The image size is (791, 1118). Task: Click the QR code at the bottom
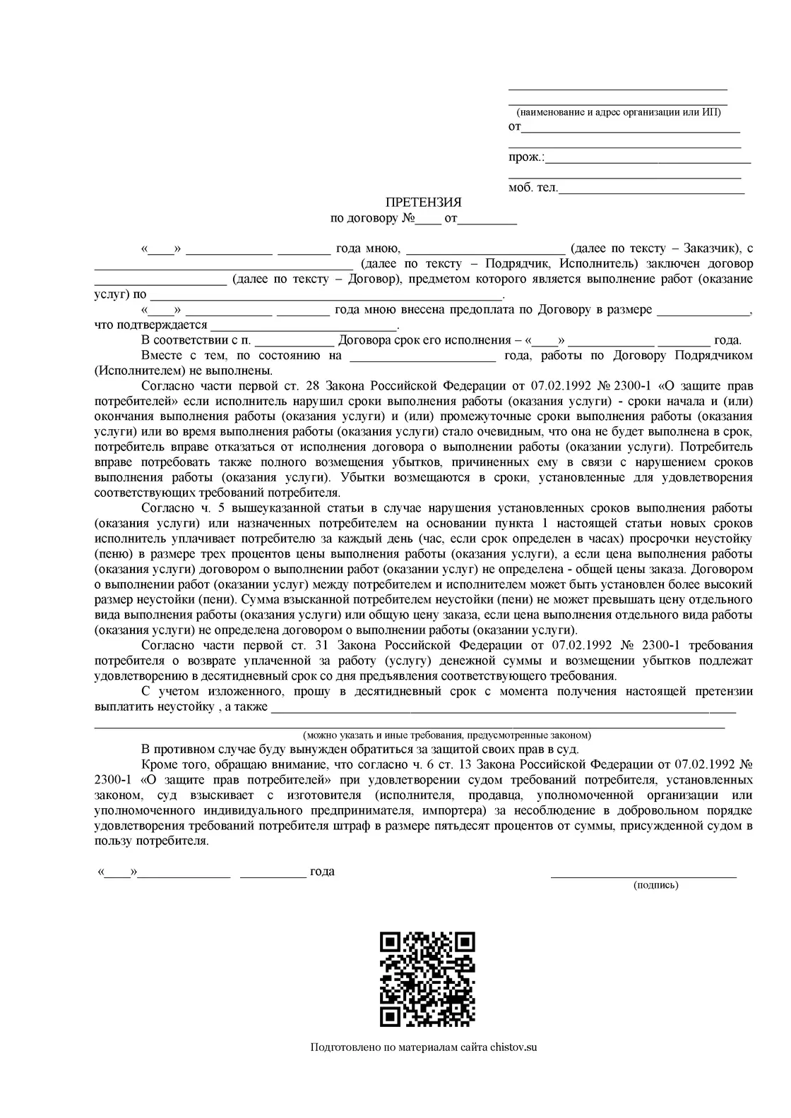[427, 979]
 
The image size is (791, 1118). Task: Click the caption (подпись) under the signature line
[656, 884]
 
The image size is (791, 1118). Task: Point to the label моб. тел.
[533, 188]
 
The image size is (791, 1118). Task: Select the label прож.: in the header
[526, 157]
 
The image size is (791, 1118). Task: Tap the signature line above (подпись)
[643, 875]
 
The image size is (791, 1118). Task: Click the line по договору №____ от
[423, 219]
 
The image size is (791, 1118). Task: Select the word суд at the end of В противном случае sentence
[569, 749]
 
